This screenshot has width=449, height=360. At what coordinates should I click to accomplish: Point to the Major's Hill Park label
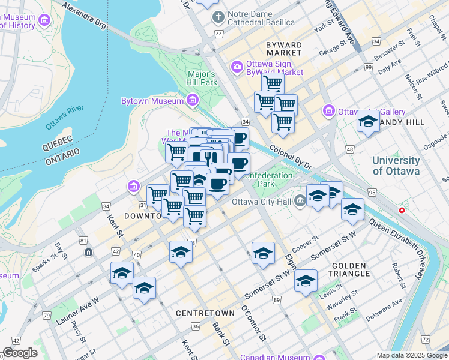(x=200, y=77)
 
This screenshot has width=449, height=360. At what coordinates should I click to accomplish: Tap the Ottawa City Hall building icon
(x=300, y=202)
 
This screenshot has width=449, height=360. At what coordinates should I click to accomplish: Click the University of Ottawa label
(x=396, y=166)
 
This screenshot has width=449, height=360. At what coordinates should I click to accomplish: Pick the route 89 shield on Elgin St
(x=277, y=299)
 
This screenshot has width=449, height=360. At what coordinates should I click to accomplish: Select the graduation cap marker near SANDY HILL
(x=368, y=121)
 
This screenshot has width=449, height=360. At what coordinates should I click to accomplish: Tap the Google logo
(x=20, y=353)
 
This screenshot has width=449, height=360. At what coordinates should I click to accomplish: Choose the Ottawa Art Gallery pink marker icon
(x=328, y=111)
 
